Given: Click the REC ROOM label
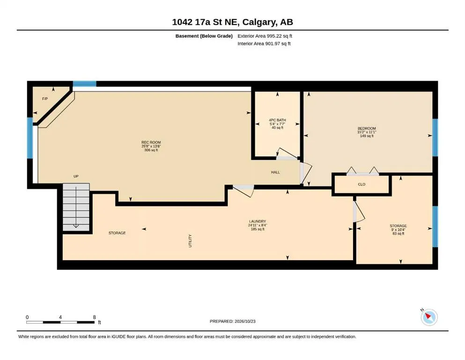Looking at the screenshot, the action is (x=151, y=142).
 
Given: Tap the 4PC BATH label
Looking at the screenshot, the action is (x=277, y=120).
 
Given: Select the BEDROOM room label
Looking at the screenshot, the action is (x=367, y=128).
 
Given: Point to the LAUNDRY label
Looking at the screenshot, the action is (x=258, y=221).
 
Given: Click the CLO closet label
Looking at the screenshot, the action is (x=362, y=184).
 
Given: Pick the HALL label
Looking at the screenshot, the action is (x=275, y=172).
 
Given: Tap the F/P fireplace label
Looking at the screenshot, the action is (x=45, y=99).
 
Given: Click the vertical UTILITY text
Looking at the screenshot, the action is (x=190, y=240).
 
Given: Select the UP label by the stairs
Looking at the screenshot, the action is (x=76, y=176).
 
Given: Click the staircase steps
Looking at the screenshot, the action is (x=76, y=207).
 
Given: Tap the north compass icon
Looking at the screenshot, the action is (x=429, y=317).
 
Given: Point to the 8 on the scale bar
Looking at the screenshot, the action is (x=94, y=317).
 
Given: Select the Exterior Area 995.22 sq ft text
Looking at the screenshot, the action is (x=265, y=36).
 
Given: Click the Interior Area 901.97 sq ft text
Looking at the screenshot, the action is (x=264, y=44).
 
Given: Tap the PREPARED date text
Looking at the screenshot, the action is (x=232, y=321).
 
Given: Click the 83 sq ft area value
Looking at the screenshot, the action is (x=399, y=233).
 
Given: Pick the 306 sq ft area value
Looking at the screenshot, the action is (x=151, y=150).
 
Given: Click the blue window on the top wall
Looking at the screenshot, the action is (x=84, y=83).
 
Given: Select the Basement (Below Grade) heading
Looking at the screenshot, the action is (x=204, y=36).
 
